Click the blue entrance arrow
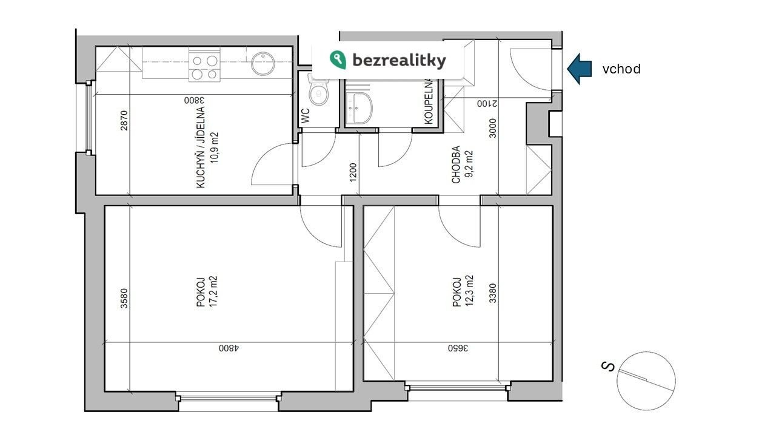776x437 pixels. pos(579,69)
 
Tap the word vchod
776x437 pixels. pos(621,69)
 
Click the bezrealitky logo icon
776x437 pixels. pos(338,59)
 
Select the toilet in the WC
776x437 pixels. pos(318,89)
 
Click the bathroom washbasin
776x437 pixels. pos(360,108)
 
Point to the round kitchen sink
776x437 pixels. pos(263,64)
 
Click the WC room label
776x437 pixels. pos(306,116)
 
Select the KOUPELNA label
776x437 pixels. pos(429,101)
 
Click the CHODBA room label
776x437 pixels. pos(456,164)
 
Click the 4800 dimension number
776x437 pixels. pos(229,348)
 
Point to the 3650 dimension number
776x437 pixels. pos(458,348)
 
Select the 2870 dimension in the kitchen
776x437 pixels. pos(124,121)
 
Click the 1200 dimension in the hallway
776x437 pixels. pos(353,172)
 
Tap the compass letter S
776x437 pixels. pos(608,367)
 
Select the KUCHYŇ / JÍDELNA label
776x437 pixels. pos(201,147)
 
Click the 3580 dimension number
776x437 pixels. pos(124,298)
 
